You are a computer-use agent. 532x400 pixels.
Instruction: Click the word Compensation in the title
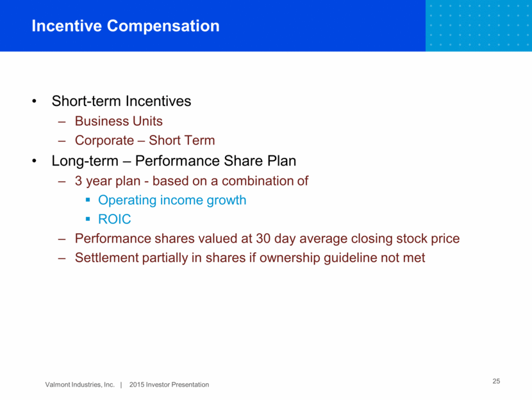click(x=163, y=26)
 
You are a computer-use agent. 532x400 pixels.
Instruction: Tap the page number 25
click(x=496, y=381)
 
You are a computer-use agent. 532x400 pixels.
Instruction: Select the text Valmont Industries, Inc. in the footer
click(x=79, y=385)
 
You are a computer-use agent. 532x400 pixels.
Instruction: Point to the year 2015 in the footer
click(x=137, y=385)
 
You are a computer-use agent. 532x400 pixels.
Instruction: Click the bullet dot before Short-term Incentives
click(x=34, y=101)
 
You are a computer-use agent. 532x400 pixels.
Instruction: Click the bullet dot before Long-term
click(x=34, y=161)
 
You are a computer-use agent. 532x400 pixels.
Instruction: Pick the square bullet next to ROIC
click(x=88, y=219)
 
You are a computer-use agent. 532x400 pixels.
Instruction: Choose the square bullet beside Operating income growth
click(x=88, y=200)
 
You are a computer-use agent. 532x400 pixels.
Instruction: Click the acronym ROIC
click(x=114, y=219)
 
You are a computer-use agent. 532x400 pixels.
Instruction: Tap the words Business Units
click(x=119, y=121)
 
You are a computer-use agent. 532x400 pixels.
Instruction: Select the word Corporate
click(x=104, y=141)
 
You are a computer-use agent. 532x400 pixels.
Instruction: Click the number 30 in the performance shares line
click(x=263, y=238)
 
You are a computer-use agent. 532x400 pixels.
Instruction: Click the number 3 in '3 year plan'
click(x=78, y=181)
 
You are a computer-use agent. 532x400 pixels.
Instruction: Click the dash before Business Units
click(x=62, y=121)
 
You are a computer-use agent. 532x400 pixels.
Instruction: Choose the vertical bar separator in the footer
click(x=121, y=385)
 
